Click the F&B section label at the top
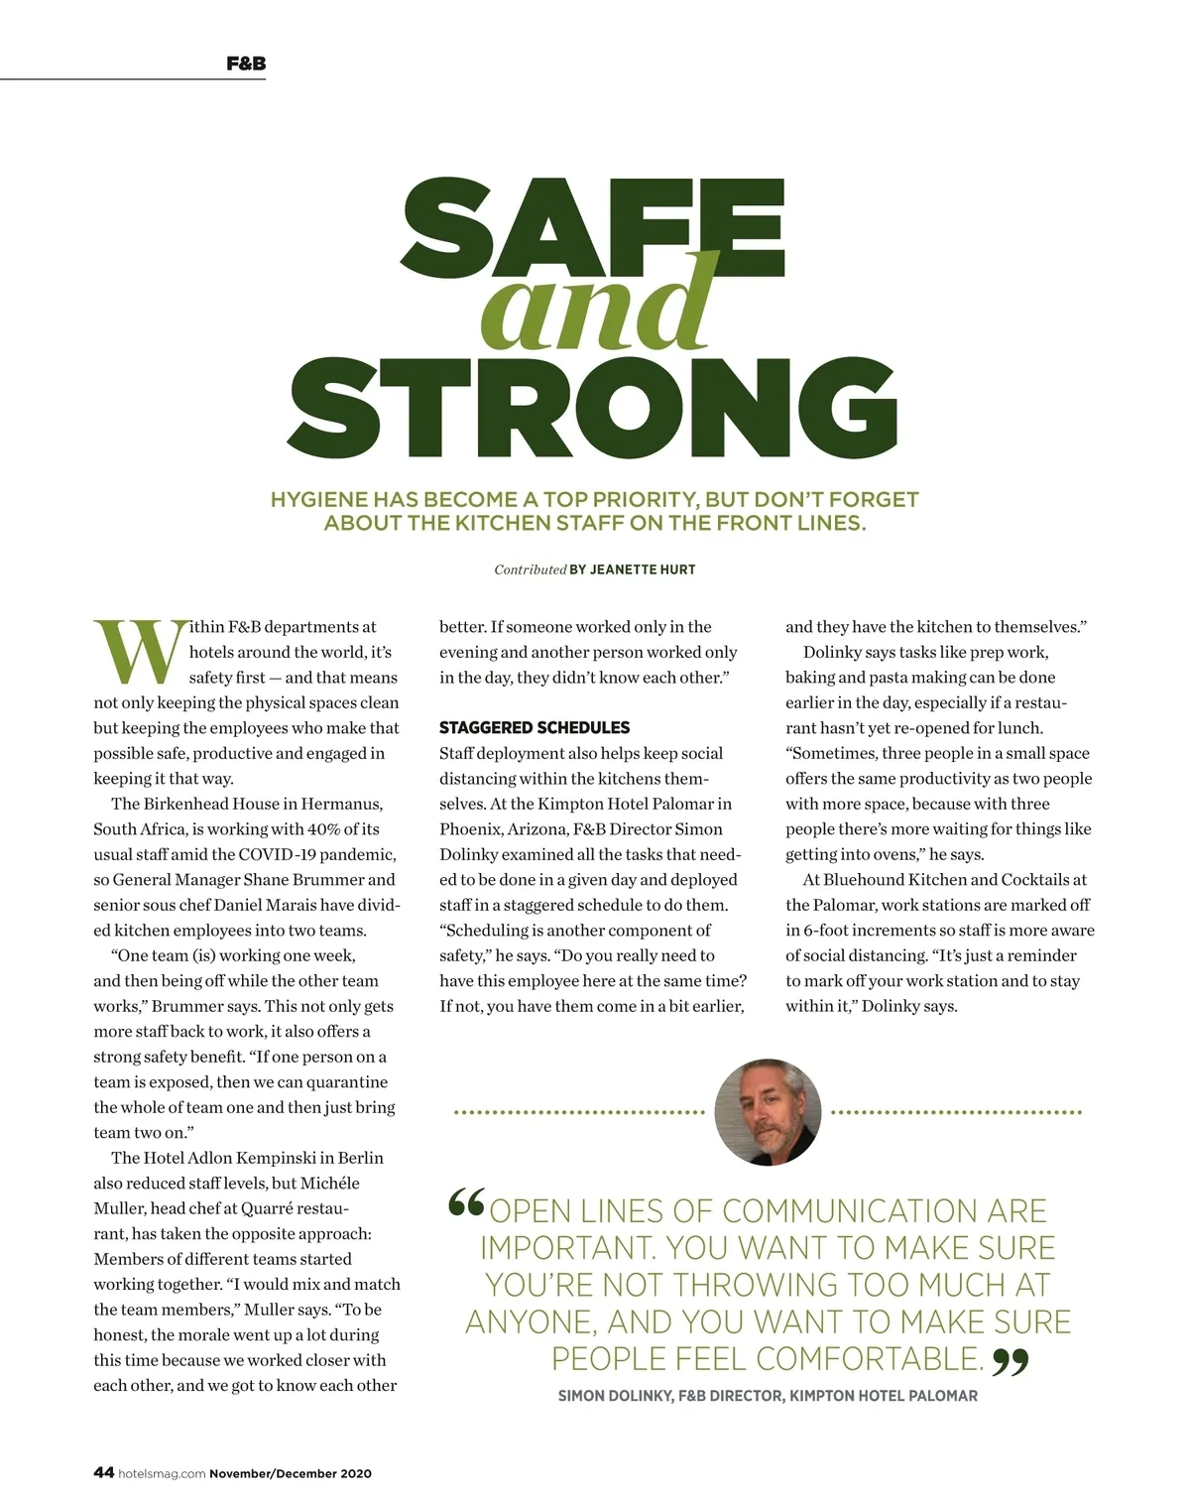pos(246,63)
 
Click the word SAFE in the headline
pos(593,230)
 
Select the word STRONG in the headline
pos(593,408)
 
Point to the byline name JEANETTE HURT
pos(643,569)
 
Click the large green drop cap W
pos(139,652)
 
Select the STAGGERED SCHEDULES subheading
pos(535,727)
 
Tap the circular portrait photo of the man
pos(768,1111)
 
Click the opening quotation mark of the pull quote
pos(466,1204)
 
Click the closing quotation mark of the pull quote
pos(1011,1362)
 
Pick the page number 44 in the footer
pos(103,1473)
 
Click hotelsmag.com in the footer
pos(162,1474)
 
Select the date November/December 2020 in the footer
pos(291,1474)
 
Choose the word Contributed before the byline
pos(530,569)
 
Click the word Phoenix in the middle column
pos(471,828)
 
